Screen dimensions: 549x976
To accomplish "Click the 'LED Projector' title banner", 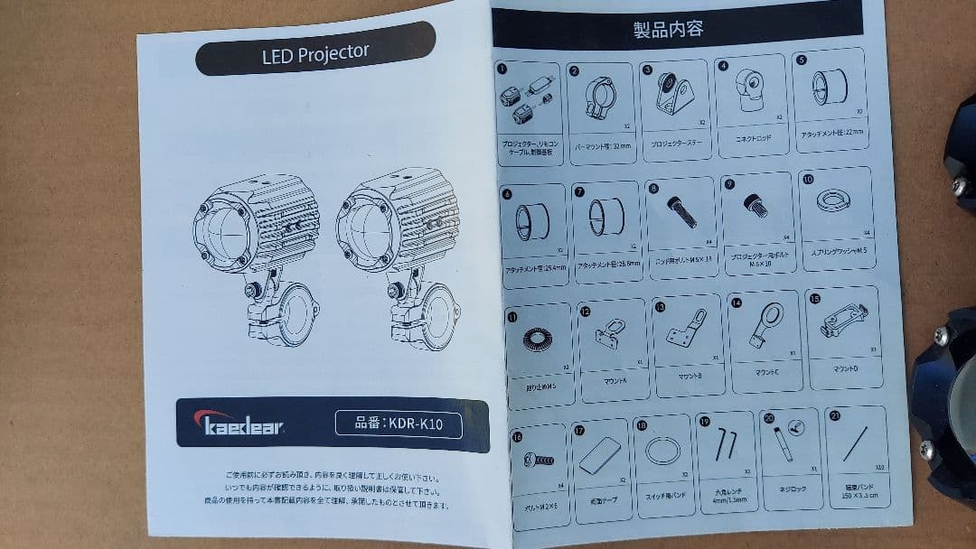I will pos(315,54).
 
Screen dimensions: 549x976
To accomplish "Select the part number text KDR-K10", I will pos(399,423).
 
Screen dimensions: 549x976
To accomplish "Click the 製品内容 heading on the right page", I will pos(669,28).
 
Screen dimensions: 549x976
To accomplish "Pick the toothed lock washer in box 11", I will pos(535,340).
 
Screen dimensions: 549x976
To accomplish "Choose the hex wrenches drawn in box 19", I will pos(725,447).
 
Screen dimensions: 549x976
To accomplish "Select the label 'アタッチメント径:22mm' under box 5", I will pos(832,134).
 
